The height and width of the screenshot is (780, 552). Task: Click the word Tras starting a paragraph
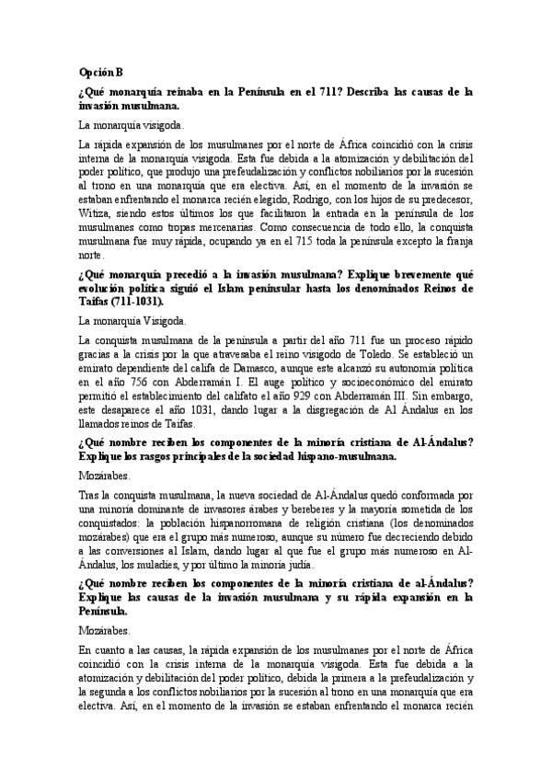89,494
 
